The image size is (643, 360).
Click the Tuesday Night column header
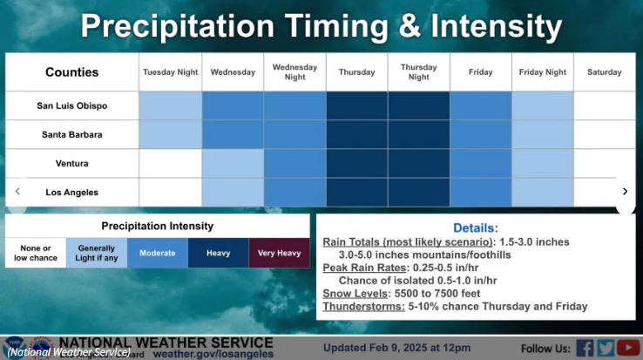point(170,72)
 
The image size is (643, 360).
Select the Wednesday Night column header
point(294,71)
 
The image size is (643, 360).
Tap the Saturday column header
point(604,72)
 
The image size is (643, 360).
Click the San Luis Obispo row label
point(72,105)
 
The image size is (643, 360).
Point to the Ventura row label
point(72,163)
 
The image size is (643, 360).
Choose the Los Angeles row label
point(72,192)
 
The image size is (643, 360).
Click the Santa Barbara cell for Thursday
point(356,134)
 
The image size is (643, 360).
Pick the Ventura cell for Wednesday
point(233,163)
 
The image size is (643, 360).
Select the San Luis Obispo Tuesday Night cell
point(171,105)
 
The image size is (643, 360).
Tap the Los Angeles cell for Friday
point(481,192)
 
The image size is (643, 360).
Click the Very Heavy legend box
point(280,253)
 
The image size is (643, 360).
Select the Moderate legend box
point(158,253)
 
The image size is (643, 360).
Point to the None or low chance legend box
point(36,253)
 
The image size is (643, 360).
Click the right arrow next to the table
point(625,191)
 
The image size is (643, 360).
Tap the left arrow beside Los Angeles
point(17,191)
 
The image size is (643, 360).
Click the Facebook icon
point(585,348)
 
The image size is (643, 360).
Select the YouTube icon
point(628,348)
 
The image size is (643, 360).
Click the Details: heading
point(476,228)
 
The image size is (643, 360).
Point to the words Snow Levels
point(355,294)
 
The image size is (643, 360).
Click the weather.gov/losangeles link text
point(213,354)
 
